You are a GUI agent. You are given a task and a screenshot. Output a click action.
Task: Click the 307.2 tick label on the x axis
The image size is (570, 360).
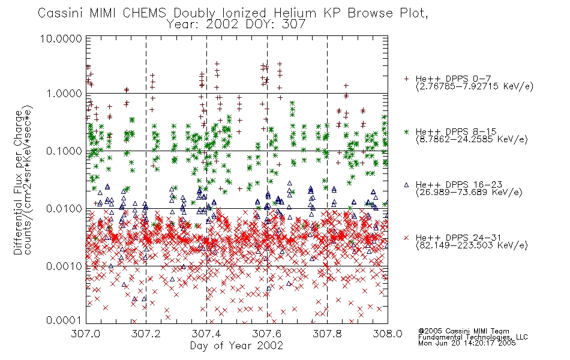point(146,334)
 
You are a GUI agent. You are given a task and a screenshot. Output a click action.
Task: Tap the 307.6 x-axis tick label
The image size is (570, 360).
point(266,334)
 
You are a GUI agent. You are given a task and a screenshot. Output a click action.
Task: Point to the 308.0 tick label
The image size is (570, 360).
point(388,334)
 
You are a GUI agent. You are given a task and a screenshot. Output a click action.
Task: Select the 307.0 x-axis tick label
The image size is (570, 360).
point(85,334)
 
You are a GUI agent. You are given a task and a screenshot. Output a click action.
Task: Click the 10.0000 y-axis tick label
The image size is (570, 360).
point(61,38)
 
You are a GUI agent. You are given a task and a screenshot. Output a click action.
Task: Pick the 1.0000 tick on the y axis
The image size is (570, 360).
point(64,94)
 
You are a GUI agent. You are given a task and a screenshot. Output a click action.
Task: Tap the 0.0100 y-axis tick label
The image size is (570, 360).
point(64,209)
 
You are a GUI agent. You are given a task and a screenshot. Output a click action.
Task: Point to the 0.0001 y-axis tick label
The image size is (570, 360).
point(64,320)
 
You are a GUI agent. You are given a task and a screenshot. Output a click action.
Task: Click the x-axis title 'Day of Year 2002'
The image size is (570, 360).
point(236,346)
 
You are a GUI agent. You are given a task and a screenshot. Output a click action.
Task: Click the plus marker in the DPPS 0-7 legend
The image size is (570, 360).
point(406,78)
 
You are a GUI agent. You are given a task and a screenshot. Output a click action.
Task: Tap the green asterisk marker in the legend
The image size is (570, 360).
point(406,131)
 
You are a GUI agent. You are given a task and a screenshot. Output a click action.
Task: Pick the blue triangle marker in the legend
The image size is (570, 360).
point(406,185)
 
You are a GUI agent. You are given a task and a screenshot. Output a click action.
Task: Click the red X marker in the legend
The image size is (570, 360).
point(406,238)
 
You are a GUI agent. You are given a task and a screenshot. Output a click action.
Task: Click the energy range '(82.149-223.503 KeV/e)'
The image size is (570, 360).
point(472,245)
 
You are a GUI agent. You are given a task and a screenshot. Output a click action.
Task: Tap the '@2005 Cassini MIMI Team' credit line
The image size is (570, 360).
point(463,331)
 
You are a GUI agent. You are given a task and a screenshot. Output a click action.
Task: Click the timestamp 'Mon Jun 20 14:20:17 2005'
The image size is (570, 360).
point(467,343)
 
